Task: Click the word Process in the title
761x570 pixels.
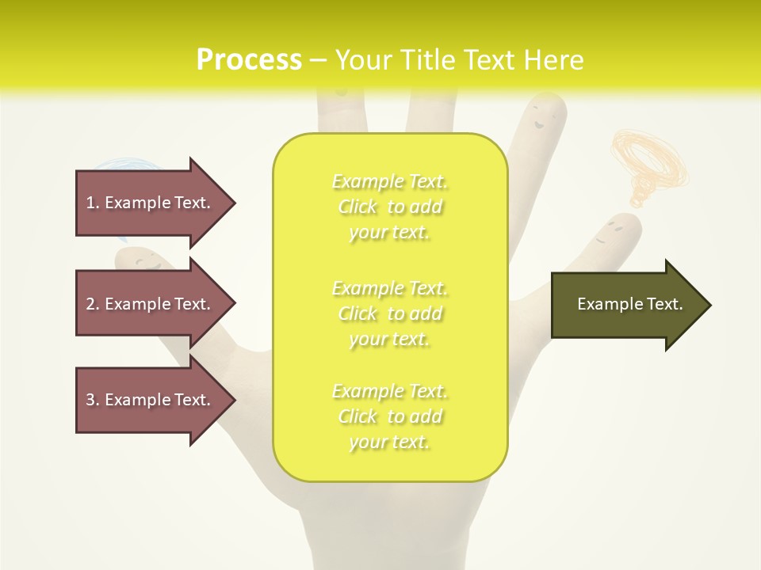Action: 249,60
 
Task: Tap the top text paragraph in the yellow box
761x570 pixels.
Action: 389,207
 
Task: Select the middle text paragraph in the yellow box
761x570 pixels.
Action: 389,313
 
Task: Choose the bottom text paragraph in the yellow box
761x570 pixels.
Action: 389,416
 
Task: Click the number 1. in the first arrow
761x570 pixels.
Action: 93,203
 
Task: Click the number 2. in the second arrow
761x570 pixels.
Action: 93,304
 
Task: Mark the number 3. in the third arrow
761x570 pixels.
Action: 93,400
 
